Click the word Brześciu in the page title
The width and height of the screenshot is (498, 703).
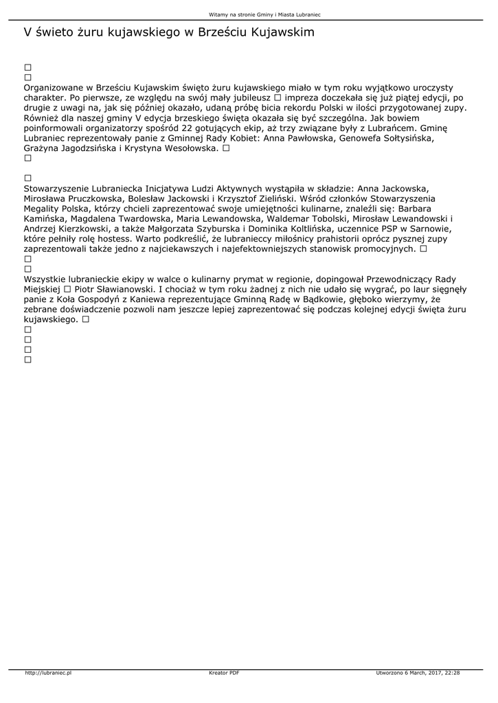(224, 32)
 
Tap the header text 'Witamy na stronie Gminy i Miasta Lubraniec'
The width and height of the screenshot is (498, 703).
(249, 14)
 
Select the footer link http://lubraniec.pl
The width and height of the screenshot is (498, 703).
(49, 673)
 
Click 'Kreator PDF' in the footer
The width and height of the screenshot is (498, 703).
(224, 673)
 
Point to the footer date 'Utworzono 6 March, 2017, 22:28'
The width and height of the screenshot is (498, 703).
(418, 673)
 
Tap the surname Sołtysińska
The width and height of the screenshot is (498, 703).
(398, 138)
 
